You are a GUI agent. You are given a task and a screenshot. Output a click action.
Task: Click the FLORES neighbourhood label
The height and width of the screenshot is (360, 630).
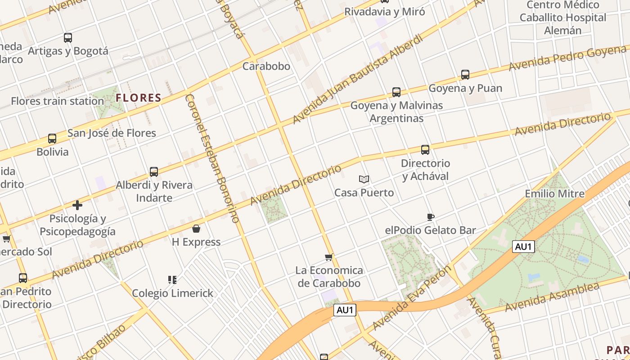(139, 98)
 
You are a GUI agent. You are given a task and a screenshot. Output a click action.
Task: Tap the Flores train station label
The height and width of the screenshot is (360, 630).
(58, 101)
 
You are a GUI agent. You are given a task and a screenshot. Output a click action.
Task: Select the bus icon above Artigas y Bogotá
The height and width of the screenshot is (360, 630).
(68, 38)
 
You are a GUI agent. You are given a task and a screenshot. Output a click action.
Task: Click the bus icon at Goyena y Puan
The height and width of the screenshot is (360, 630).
(465, 75)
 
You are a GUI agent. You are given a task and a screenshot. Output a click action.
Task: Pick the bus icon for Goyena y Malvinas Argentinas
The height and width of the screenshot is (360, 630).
(396, 92)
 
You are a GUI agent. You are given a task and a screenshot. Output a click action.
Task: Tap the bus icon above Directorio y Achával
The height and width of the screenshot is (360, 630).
(425, 150)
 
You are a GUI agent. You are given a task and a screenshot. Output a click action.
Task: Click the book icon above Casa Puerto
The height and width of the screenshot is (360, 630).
(364, 180)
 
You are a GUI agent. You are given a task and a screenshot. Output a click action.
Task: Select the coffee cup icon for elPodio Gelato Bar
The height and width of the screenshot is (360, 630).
(431, 217)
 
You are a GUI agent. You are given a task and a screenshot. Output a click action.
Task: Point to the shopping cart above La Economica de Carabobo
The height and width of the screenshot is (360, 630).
(329, 257)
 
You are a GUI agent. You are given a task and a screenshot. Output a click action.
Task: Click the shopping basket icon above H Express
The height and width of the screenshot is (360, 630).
(196, 229)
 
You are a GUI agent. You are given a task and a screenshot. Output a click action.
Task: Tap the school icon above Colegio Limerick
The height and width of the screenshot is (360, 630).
(172, 280)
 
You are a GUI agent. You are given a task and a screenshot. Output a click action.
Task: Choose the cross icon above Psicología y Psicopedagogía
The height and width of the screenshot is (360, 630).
(77, 206)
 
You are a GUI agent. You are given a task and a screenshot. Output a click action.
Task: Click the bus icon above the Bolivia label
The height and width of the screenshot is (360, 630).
(52, 139)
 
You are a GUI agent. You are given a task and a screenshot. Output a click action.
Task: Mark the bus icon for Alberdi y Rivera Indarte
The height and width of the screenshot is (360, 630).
(154, 172)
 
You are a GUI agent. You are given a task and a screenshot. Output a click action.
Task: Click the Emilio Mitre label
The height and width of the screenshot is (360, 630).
(554, 194)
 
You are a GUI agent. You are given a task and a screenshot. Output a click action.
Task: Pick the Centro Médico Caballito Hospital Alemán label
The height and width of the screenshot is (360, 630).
(563, 18)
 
